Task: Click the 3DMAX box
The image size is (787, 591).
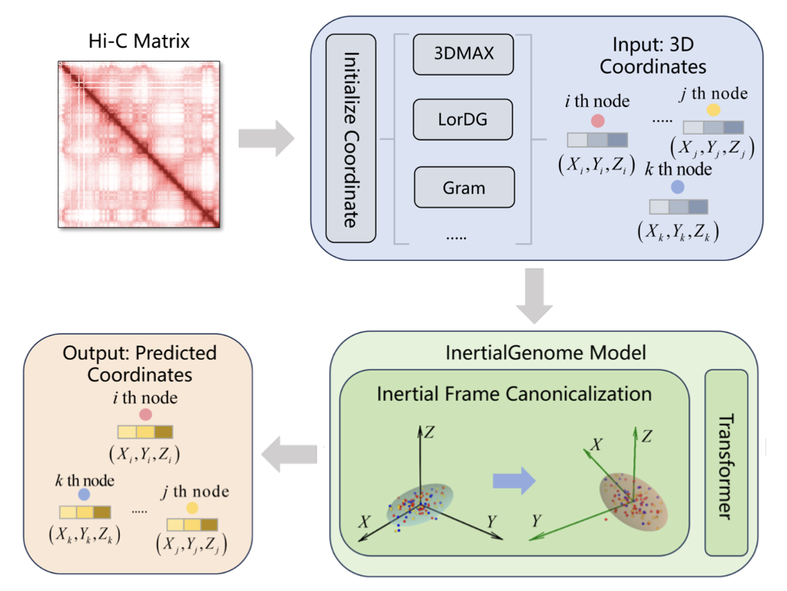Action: (463, 54)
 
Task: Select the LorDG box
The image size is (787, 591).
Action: (463, 120)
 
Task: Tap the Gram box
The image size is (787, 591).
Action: (463, 187)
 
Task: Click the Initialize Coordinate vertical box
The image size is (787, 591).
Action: (350, 138)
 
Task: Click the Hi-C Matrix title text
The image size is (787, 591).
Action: (140, 40)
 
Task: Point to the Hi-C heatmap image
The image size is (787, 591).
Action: (140, 144)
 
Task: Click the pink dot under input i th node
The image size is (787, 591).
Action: (597, 122)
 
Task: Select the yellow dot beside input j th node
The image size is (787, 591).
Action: (714, 111)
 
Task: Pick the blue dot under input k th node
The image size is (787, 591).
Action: (677, 187)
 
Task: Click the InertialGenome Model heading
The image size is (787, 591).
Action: (546, 352)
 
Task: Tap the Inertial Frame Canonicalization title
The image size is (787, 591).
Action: (514, 393)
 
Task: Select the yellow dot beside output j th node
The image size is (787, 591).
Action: (192, 508)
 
